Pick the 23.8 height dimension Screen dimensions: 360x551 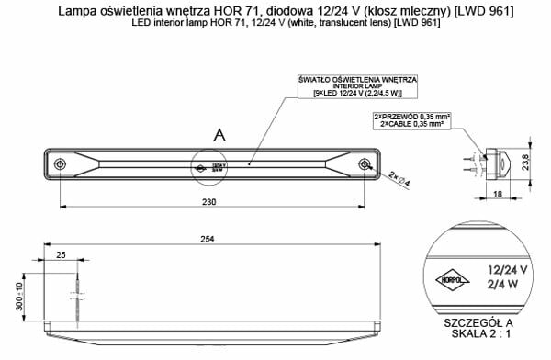coord(536,163)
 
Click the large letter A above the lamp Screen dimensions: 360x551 coord(219,135)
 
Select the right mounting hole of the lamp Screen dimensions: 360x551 coord(365,165)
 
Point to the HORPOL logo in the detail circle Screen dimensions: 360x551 coord(449,276)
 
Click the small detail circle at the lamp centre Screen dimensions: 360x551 coord(205,168)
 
